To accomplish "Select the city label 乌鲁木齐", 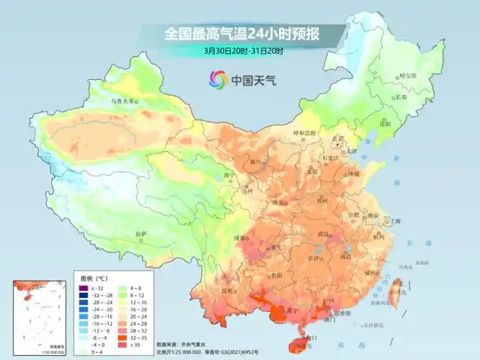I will pyautogui.click(x=122, y=102).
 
